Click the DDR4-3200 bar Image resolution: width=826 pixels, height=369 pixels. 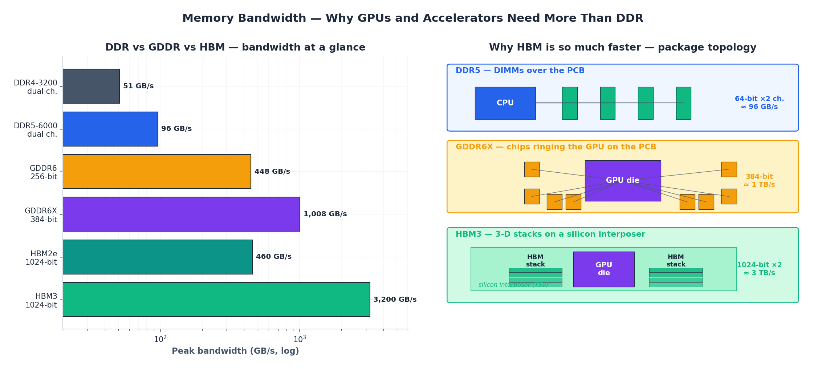click(x=91, y=86)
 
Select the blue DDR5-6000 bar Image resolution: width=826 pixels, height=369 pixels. click(x=110, y=129)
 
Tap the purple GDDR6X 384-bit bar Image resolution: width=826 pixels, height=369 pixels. click(x=181, y=214)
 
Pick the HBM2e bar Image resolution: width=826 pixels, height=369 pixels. click(x=158, y=257)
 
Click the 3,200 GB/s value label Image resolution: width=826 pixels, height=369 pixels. click(x=395, y=300)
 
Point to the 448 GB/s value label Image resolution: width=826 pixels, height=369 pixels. click(x=272, y=172)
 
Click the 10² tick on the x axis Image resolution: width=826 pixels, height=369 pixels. click(x=160, y=339)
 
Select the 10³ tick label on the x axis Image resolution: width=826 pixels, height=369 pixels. click(x=300, y=339)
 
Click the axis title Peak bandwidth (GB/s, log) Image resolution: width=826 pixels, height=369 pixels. click(x=235, y=351)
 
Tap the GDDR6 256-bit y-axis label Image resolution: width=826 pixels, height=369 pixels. click(x=44, y=172)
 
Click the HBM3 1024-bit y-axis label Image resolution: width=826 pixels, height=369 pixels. click(x=41, y=301)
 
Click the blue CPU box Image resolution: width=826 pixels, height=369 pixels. click(x=505, y=103)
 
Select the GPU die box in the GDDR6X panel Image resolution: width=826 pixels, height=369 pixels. click(x=623, y=181)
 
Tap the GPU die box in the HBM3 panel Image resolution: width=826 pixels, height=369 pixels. click(x=603, y=269)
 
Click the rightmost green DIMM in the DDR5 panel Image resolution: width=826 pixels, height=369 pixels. click(x=683, y=103)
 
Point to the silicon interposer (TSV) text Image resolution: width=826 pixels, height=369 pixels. click(x=513, y=285)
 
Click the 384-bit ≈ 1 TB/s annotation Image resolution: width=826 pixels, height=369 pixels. click(x=759, y=181)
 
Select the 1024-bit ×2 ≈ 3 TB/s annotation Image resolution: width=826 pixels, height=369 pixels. click(x=759, y=269)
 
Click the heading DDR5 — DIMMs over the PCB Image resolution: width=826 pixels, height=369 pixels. click(x=520, y=71)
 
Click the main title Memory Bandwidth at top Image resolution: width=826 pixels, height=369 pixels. click(x=412, y=18)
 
